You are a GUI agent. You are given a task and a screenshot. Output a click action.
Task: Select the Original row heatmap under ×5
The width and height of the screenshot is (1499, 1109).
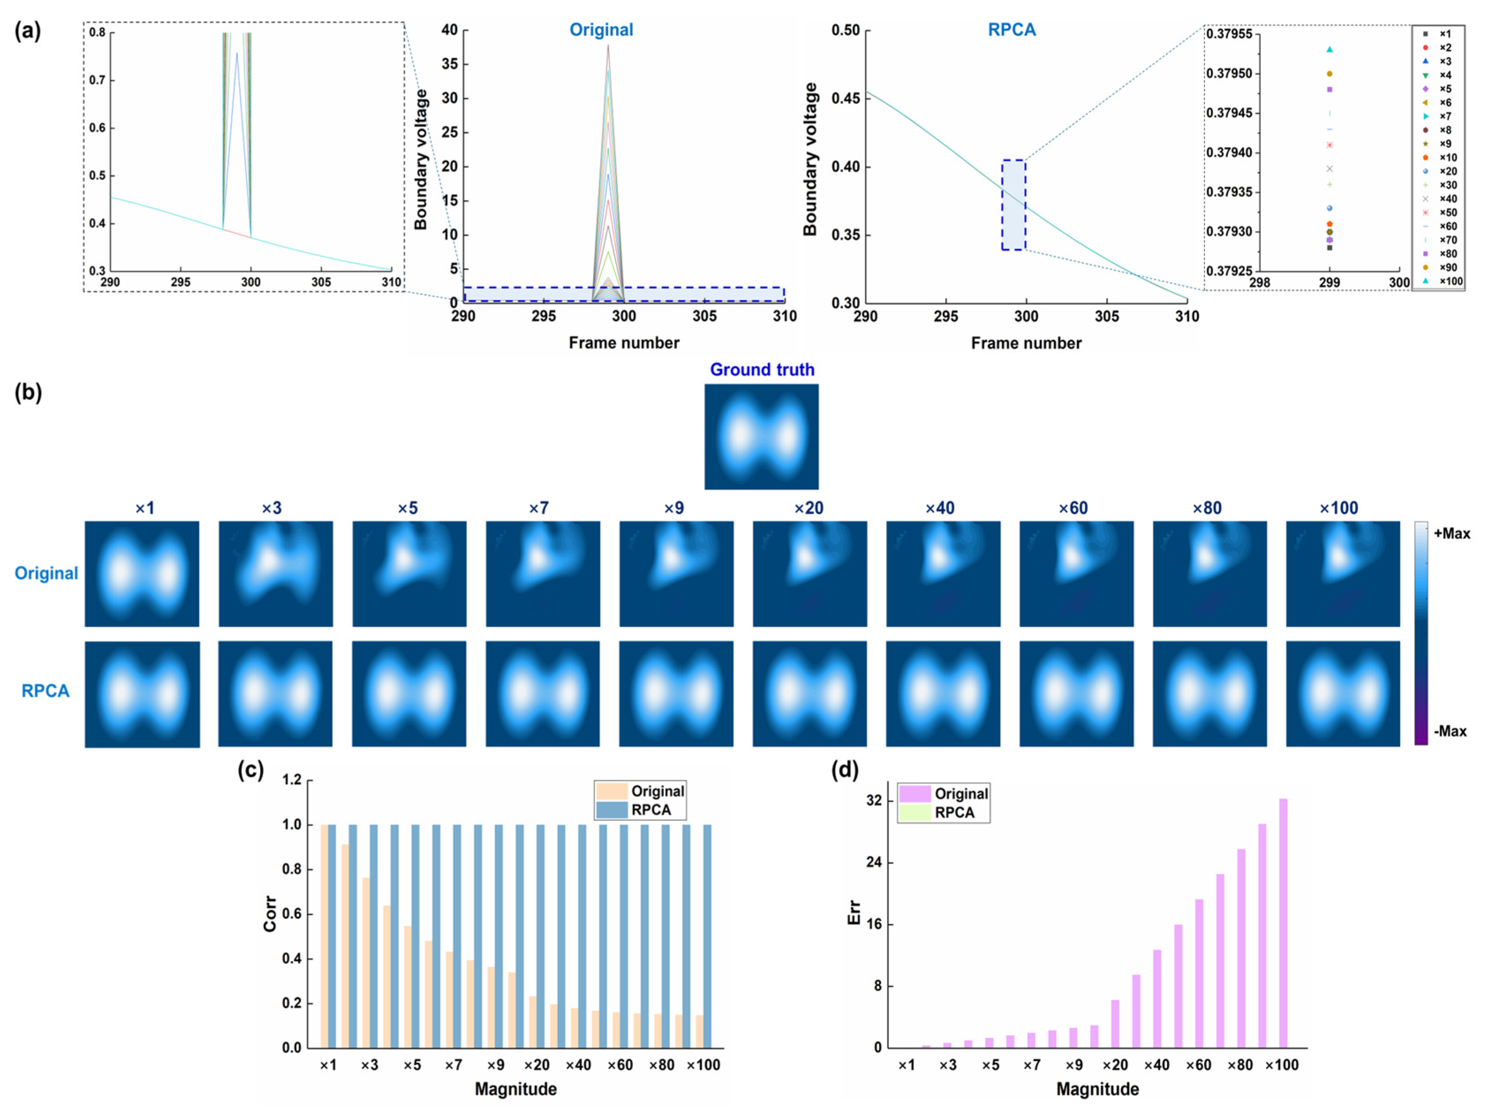pyautogui.click(x=409, y=573)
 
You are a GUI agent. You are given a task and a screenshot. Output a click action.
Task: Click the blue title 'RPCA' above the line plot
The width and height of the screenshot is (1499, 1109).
pyautogui.click(x=1011, y=30)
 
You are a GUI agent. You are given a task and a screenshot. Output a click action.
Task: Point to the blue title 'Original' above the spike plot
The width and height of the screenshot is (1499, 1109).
pyautogui.click(x=601, y=30)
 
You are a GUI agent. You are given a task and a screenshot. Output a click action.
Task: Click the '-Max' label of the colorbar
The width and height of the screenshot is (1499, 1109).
pyautogui.click(x=1450, y=731)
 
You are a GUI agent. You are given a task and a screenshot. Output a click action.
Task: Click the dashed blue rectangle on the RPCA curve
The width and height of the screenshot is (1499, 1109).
pyautogui.click(x=1013, y=205)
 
